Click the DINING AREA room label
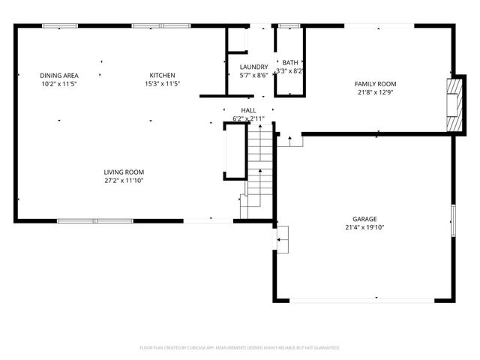[59, 75]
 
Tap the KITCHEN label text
[163, 75]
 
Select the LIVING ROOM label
[124, 172]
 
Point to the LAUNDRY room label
[253, 67]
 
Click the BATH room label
[289, 62]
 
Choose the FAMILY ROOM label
[375, 84]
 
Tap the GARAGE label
[364, 218]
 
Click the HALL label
[248, 110]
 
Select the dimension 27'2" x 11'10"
[124, 181]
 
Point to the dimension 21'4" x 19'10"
[364, 227]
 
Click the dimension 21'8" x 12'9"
[375, 93]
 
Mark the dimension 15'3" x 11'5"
[163, 84]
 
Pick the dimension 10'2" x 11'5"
[59, 84]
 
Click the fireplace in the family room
[452, 104]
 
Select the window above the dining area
[59, 26]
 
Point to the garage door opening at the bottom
[361, 301]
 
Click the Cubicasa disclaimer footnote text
[240, 347]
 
